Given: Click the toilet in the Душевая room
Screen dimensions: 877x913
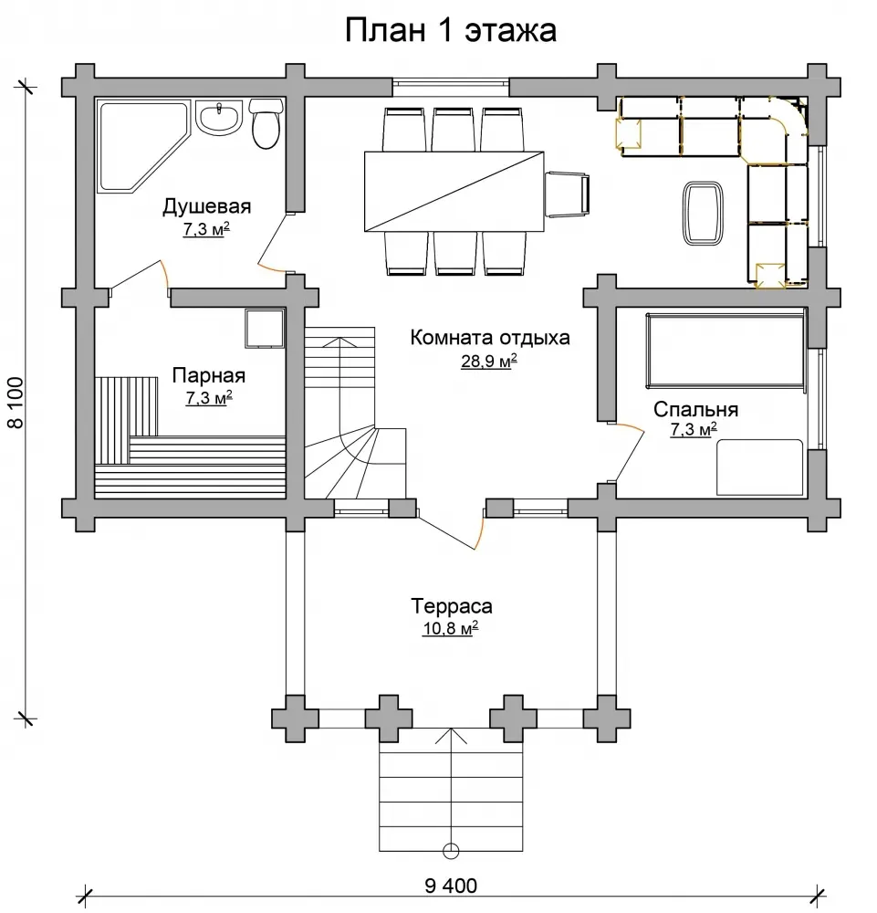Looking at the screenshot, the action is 266,123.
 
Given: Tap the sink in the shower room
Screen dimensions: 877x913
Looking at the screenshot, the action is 219,118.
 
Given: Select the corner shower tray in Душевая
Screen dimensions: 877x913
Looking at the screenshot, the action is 140,145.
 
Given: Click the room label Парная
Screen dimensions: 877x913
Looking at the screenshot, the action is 208,375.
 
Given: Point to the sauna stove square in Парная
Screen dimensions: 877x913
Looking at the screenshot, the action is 265,329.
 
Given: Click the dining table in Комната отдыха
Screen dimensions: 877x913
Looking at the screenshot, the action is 454,191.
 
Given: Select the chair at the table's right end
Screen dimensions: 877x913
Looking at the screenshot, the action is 567,194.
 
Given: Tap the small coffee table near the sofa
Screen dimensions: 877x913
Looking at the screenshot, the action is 703,213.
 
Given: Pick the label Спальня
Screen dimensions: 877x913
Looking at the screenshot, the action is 695,409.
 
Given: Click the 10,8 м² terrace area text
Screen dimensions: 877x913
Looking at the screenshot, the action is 451,628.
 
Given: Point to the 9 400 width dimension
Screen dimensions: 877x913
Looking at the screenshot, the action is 451,886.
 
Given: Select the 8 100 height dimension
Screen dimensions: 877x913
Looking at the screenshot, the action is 16,403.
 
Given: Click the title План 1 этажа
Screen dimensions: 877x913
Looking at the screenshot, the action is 451,30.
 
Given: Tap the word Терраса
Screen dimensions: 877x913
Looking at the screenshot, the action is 452,606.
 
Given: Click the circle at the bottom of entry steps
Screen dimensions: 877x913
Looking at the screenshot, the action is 451,851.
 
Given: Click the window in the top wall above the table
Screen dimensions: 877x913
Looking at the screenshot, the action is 451,87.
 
